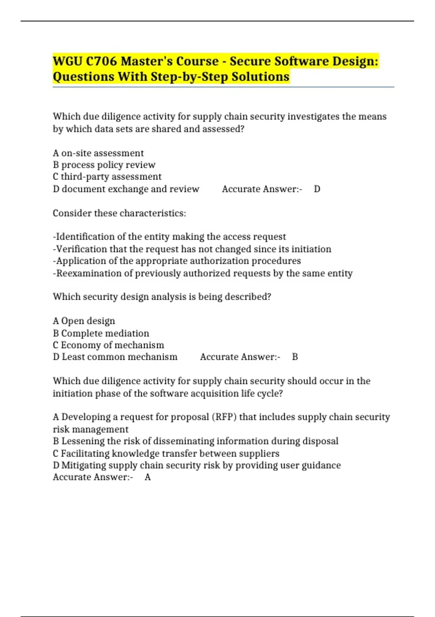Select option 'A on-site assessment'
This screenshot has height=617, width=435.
[98, 153]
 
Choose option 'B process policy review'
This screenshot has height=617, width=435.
[104, 165]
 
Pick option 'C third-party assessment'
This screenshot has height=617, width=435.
[107, 177]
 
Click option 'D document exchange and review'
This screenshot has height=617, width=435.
[126, 189]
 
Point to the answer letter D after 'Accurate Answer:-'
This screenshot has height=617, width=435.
[317, 189]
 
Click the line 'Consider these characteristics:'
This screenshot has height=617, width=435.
[119, 213]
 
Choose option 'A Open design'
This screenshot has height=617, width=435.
[84, 321]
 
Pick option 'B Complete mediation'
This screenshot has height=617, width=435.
[101, 334]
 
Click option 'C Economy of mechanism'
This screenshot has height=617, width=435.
[108, 345]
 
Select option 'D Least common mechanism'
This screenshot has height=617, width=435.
[115, 357]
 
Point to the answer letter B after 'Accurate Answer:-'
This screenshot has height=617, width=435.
[295, 357]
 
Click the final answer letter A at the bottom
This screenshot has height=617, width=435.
[148, 477]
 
